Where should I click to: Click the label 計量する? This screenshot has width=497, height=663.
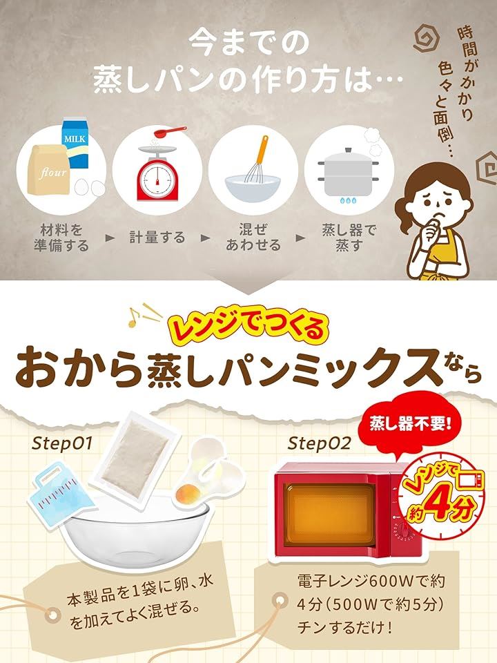coord(157,238)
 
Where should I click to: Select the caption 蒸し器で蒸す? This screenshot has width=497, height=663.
coord(349,238)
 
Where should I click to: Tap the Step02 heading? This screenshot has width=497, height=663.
coord(319,443)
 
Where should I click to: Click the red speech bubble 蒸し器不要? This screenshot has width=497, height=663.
coord(410,425)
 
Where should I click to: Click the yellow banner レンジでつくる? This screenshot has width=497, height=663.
coord(249,329)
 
